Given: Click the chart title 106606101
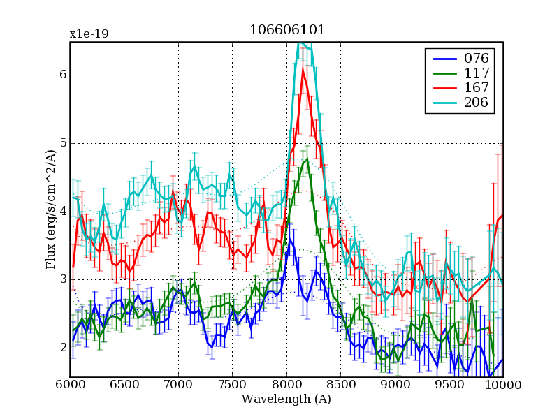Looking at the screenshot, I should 287,30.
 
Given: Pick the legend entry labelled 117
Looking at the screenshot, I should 475,73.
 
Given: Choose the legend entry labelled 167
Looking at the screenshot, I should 475,88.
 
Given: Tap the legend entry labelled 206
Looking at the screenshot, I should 475,103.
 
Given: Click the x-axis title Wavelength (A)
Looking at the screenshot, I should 286,399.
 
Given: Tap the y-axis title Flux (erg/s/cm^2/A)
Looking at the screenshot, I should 50,209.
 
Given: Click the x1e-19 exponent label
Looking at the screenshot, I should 89,34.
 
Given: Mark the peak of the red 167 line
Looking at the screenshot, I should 303,68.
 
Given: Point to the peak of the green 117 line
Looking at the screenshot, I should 307,161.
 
